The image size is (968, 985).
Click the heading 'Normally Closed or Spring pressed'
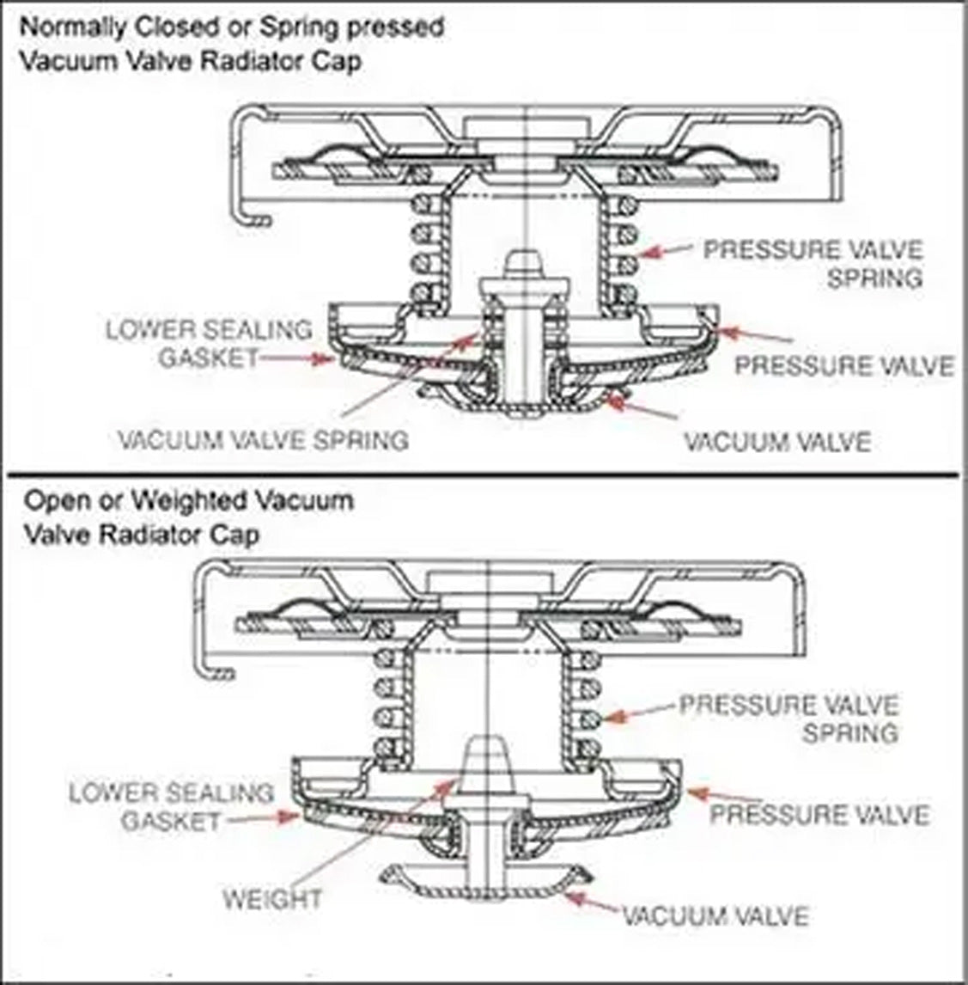(x=232, y=27)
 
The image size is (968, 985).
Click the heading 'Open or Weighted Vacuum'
(x=189, y=499)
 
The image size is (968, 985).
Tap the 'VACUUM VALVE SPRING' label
(x=263, y=441)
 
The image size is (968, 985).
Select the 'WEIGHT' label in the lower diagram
(x=272, y=900)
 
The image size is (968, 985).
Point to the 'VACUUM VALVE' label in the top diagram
(x=776, y=442)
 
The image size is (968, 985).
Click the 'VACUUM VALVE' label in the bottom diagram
(x=715, y=915)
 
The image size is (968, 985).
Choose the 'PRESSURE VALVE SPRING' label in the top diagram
(x=813, y=264)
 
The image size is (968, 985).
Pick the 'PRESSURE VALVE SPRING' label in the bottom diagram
(x=788, y=719)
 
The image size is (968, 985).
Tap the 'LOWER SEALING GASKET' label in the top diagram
(x=209, y=343)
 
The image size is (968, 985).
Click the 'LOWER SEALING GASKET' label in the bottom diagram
(x=171, y=806)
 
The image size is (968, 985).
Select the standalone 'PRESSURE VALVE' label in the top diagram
(x=843, y=365)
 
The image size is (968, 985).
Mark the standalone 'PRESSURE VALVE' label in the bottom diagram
(x=819, y=814)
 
